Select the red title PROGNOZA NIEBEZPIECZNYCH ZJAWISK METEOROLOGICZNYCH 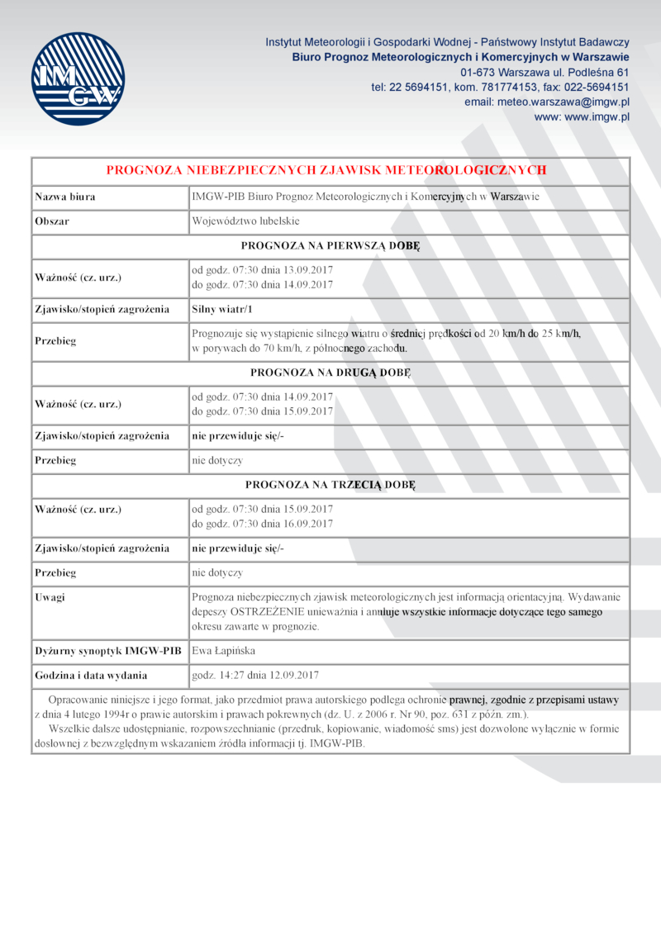pos(326,170)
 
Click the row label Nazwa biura pos(65,197)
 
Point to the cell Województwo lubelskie pos(245,221)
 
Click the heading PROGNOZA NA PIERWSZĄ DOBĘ pos(330,245)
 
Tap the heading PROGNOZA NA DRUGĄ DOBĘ pos(330,373)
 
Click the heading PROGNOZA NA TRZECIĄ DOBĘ pos(330,484)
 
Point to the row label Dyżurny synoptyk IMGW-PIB pos(107,651)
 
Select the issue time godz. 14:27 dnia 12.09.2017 pos(255,675)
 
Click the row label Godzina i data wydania pos(91,675)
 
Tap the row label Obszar pos(51,221)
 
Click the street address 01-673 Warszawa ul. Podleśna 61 pos(545,72)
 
